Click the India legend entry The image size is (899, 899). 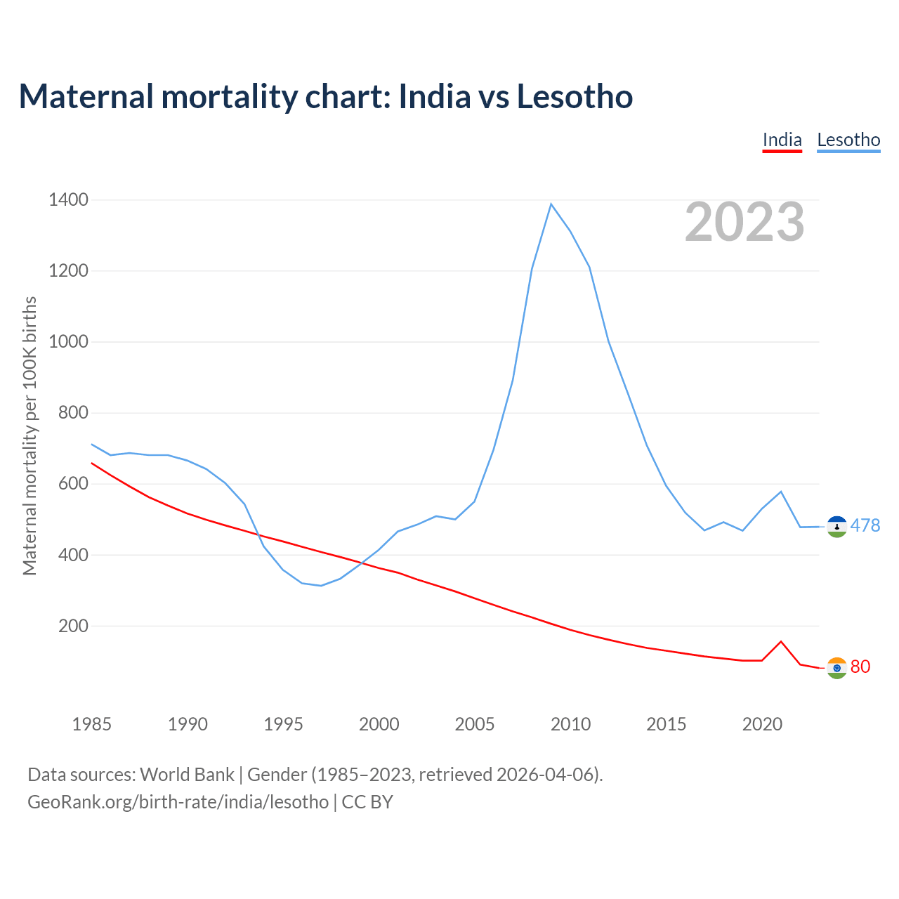click(782, 140)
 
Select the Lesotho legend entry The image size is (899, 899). click(848, 140)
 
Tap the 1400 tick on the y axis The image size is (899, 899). click(68, 200)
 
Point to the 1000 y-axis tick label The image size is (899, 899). click(68, 342)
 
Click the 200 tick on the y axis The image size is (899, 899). click(73, 626)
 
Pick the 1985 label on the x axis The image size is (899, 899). click(91, 724)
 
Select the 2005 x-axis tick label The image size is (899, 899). click(475, 724)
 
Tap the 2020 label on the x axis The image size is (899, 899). click(762, 724)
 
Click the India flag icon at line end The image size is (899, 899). click(836, 668)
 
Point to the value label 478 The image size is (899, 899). click(865, 525)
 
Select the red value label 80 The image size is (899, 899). click(860, 667)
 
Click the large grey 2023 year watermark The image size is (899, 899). click(744, 222)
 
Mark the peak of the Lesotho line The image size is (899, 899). click(551, 204)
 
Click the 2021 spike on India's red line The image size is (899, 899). click(781, 641)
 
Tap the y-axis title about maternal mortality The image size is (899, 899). click(29, 435)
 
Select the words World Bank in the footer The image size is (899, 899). click(187, 775)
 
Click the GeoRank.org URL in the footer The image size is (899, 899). click(178, 802)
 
